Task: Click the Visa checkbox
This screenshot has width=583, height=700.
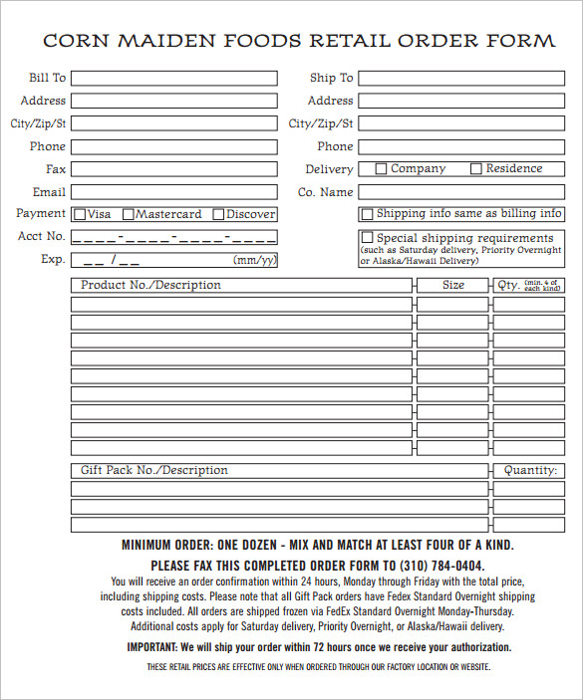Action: [x=80, y=214]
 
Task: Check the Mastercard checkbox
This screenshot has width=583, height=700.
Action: [x=128, y=214]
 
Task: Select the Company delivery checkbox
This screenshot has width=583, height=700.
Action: [x=381, y=169]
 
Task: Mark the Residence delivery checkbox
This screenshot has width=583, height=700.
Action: [x=476, y=169]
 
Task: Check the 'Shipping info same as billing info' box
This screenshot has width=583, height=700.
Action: [x=367, y=214]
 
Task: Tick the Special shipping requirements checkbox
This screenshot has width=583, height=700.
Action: [x=367, y=238]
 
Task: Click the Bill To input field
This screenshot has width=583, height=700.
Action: [x=174, y=78]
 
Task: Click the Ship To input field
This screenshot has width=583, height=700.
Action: [x=460, y=78]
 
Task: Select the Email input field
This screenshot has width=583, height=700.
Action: [x=174, y=192]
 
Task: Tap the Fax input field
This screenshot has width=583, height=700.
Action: [x=174, y=169]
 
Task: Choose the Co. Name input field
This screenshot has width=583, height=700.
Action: [x=460, y=192]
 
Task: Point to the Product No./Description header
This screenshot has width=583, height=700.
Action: [x=150, y=285]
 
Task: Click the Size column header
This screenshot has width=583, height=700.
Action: [x=453, y=285]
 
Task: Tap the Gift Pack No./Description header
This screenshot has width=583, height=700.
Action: [x=153, y=470]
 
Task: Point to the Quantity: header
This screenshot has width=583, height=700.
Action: [x=529, y=470]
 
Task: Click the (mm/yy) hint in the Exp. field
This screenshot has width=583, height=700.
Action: [x=254, y=260]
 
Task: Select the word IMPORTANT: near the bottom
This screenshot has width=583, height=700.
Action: [x=152, y=646]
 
